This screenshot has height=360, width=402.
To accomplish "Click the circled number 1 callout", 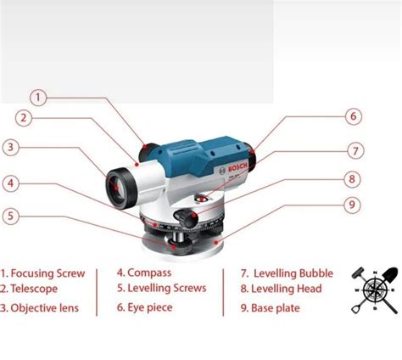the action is (38, 98).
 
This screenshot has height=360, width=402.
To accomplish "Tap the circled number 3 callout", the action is (11, 148).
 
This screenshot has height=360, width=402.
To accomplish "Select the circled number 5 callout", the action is (10, 217).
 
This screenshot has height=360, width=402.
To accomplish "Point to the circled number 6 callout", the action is (354, 116).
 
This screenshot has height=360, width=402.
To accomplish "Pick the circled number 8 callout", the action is (352, 179).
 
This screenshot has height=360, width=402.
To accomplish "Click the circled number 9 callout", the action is (352, 205).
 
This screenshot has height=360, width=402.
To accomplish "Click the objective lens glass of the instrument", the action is (116, 187).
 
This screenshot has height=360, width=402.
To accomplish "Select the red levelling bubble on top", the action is (202, 199).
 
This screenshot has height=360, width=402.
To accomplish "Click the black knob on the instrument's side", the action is (186, 217).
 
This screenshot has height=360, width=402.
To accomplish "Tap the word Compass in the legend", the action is (149, 273).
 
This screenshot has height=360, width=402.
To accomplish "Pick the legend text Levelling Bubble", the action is (293, 273).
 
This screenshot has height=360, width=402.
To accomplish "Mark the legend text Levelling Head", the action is (287, 289).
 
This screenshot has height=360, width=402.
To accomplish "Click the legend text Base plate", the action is (276, 308).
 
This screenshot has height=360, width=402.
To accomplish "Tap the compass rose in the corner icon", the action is (375, 290).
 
